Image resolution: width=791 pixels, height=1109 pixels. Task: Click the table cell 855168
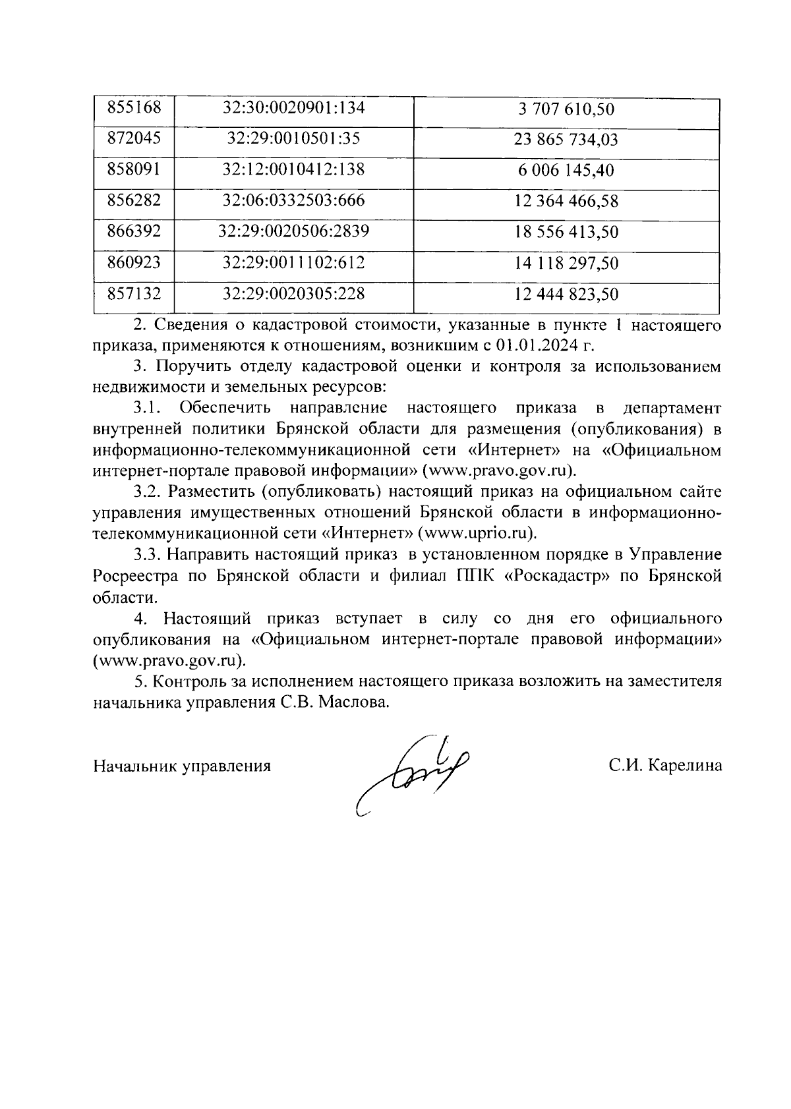pos(134,107)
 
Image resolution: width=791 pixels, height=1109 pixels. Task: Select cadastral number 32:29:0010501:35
pos(294,138)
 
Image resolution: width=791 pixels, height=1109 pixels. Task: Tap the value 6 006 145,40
pos(566,171)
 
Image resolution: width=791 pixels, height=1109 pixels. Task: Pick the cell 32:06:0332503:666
pos(294,200)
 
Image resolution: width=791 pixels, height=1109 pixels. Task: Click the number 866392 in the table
pos(134,231)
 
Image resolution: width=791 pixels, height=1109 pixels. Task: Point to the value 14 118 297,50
pos(566,264)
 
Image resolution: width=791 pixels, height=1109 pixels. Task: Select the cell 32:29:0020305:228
pos(294,293)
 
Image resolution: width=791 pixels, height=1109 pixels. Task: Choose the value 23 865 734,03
pos(566,140)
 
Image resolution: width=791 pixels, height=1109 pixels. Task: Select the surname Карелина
pos(685,766)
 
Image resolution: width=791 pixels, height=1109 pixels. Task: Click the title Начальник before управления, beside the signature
pos(136,766)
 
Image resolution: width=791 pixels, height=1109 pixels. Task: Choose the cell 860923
pos(134,262)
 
